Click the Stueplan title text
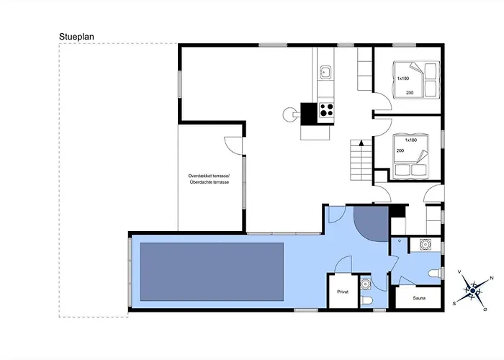pos(76,37)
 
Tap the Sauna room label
pos(419,298)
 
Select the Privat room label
pos(343,292)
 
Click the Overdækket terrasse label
pos(210,176)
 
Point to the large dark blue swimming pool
pos(212,271)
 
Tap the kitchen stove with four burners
pos(326,110)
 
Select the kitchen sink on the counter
pos(325,72)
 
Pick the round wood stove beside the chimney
pos(289,114)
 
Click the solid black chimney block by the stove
pos(309,114)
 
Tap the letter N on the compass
pos(492,278)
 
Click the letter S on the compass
pos(454,303)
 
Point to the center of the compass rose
pos(472,291)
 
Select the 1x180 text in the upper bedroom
pos(403,78)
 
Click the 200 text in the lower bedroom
pos(400,150)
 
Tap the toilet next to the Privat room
pos(366,301)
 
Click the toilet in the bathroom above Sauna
pos(435,274)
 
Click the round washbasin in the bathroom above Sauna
pos(426,245)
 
